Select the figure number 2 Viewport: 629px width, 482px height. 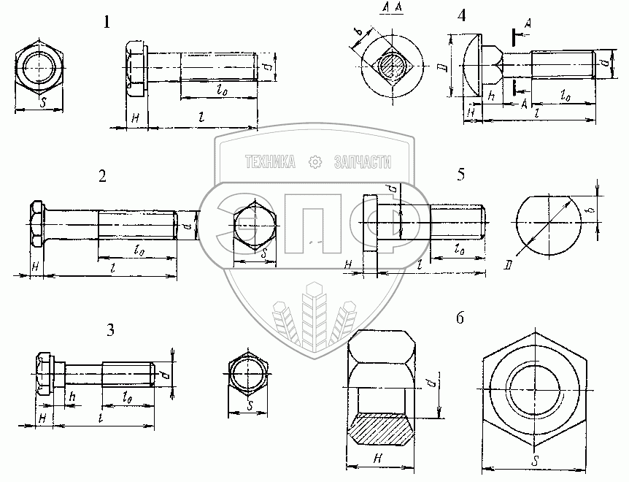pyautogui.click(x=103, y=176)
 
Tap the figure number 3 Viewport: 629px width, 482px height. pyautogui.click(x=110, y=330)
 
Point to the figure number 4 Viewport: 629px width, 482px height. pyautogui.click(x=461, y=15)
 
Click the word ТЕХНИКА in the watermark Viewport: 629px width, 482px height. pyautogui.click(x=271, y=162)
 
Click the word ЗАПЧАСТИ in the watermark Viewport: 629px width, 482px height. pyautogui.click(x=362, y=162)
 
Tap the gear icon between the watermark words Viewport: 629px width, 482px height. pyautogui.click(x=314, y=162)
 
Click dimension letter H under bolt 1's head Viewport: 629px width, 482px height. pyautogui.click(x=135, y=118)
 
